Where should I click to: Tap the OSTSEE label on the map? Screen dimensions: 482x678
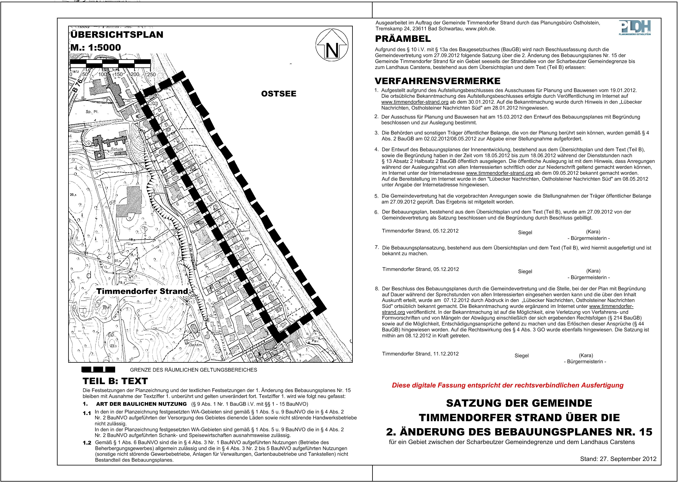tap(278, 94)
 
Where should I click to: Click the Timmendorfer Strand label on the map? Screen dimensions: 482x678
tap(142, 291)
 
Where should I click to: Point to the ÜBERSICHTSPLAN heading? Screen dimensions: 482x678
tap(117, 35)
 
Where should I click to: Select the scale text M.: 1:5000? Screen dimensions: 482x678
tap(96, 48)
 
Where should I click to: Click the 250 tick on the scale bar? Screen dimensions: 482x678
tap(151, 75)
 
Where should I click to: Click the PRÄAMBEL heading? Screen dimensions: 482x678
tap(403, 39)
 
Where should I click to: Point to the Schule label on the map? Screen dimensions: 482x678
tap(117, 149)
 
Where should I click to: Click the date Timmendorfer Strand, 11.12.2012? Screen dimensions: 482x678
tap(420, 354)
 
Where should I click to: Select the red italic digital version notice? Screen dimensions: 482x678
tap(508, 385)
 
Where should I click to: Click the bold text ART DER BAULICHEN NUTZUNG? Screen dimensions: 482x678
tap(141, 404)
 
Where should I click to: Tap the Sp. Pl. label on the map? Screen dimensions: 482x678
tap(92, 112)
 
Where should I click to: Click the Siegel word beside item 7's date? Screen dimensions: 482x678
tap(525, 271)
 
